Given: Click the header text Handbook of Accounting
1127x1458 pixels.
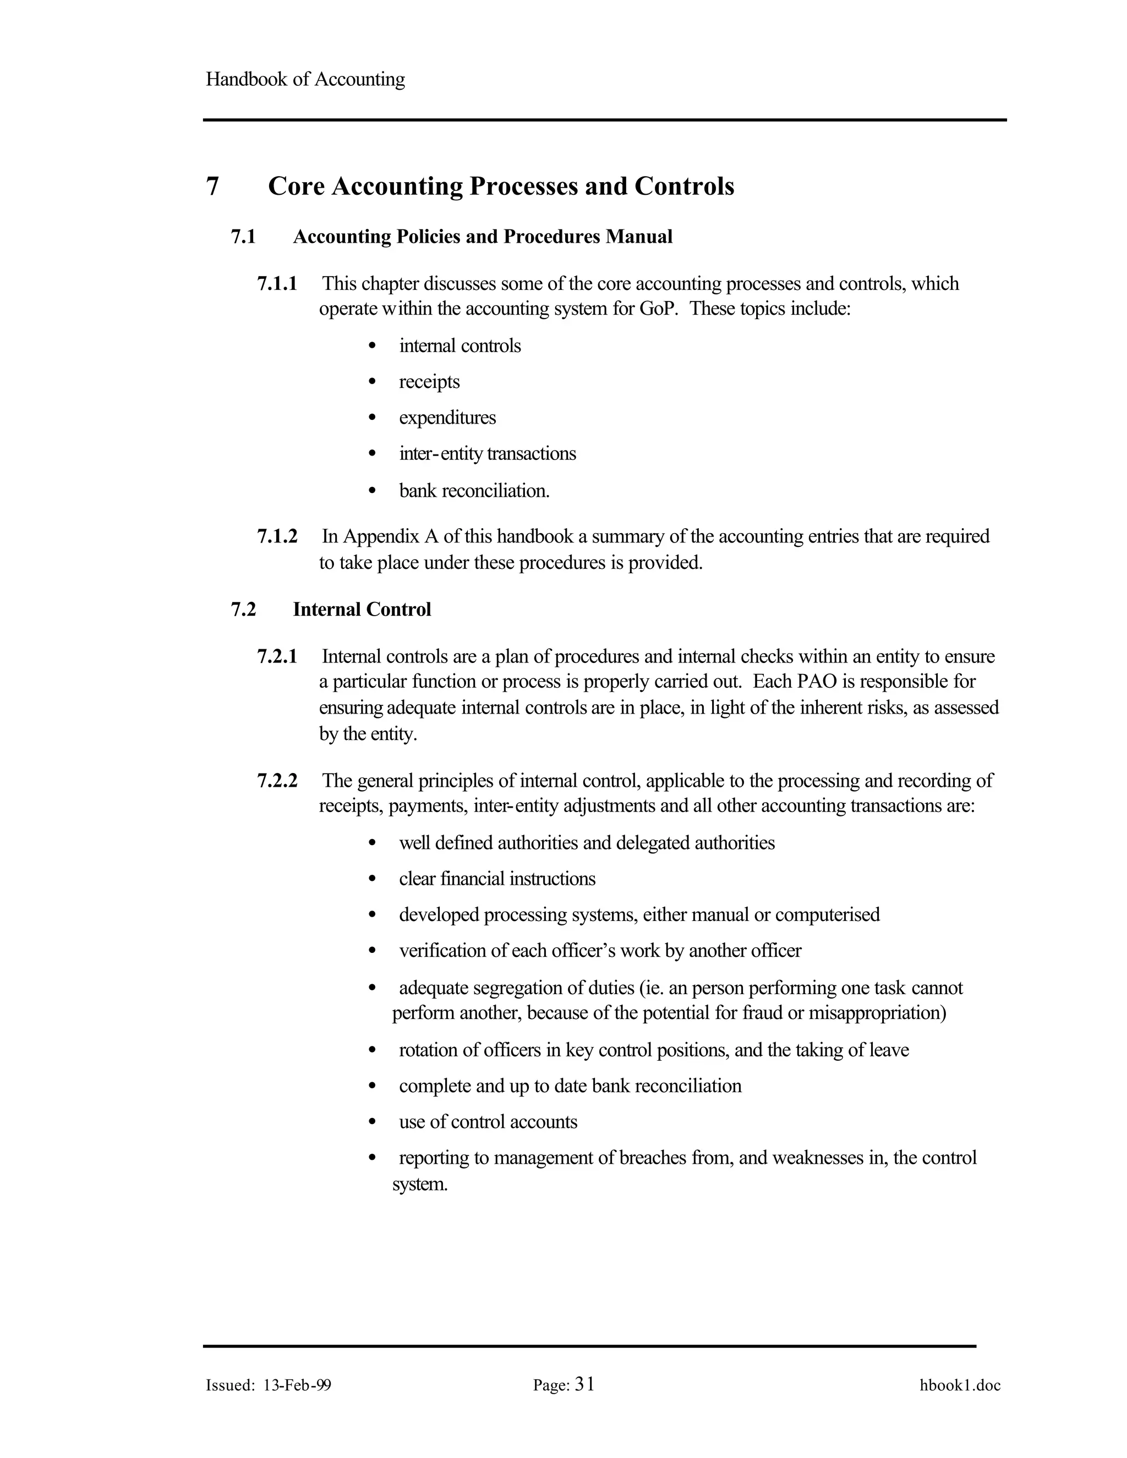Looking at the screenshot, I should pos(305,79).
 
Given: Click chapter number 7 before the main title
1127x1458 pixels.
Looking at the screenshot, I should pos(212,187).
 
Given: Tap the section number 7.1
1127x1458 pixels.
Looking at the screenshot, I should pos(243,237).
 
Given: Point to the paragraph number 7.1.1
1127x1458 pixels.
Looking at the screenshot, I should pos(277,284).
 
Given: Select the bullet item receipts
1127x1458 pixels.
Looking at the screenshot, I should pos(429,382).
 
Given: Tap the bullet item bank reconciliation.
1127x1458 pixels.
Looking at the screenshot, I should pos(474,491).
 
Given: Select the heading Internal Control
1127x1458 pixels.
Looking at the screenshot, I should pos(362,610).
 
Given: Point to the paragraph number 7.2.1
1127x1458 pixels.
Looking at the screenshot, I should pos(277,657).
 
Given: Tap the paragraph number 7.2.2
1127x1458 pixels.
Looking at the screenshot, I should pos(277,780).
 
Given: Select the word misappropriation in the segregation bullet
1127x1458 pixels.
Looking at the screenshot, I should pos(877,1013).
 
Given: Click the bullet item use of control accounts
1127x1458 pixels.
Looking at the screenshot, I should pos(488,1121).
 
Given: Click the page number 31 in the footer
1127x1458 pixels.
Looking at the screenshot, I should pos(584,1385).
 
